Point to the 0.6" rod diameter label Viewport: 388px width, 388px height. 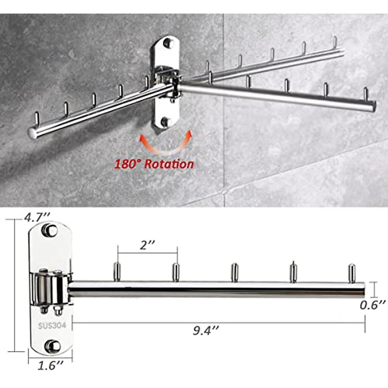coord(373,305)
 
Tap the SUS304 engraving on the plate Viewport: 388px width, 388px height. coord(52,325)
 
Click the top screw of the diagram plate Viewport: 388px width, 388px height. coord(49,230)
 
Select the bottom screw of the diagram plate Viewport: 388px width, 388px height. coord(52,346)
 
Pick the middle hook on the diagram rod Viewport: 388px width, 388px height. coord(234,272)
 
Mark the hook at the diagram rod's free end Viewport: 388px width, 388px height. coord(351,273)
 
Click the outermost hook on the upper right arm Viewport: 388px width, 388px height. coord(335,42)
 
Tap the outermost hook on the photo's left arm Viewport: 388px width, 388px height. coord(37,118)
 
